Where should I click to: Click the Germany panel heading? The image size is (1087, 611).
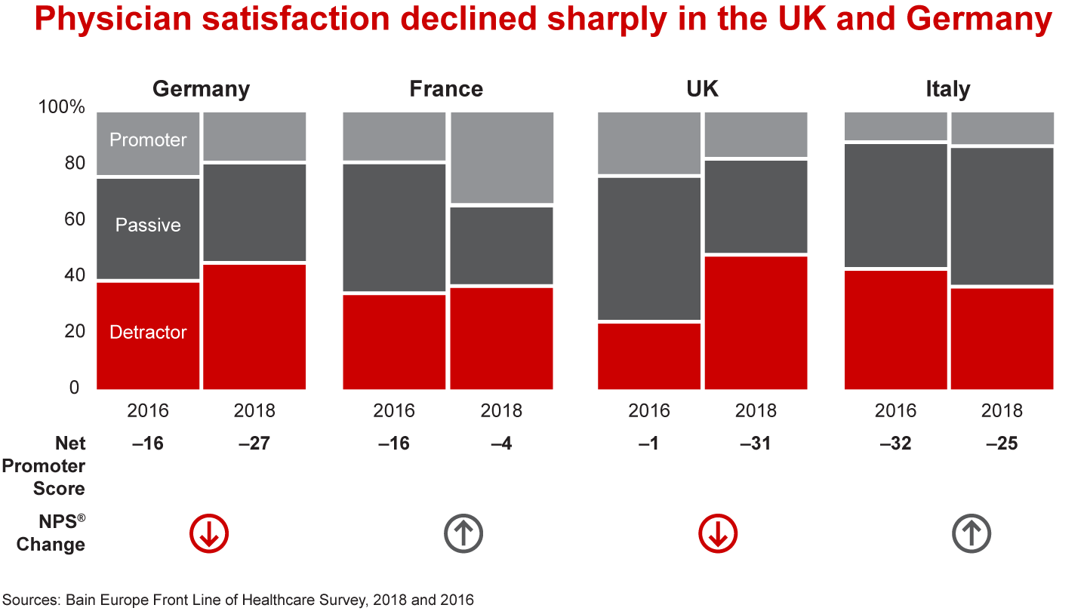tap(201, 89)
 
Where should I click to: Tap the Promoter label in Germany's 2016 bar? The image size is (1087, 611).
tap(148, 140)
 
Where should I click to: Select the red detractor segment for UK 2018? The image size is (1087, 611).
tap(756, 323)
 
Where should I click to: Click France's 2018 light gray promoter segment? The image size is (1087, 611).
tap(501, 158)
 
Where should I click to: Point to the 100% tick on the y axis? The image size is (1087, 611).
tap(62, 107)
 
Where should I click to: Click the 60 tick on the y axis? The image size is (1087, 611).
tap(69, 220)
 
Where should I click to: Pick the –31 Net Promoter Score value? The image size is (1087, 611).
tap(756, 444)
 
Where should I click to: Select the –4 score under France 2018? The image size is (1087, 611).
tap(501, 444)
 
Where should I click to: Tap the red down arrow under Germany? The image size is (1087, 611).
tap(208, 534)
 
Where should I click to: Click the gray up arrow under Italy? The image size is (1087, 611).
tap(971, 534)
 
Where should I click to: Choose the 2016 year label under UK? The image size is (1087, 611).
tap(649, 411)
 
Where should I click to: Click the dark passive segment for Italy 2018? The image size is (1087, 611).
tap(1002, 216)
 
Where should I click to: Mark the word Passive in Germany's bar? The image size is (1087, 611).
tap(148, 226)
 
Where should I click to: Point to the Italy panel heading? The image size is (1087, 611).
tap(947, 89)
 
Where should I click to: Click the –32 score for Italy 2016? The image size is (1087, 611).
tap(895, 444)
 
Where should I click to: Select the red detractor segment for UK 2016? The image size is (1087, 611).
tap(649, 355)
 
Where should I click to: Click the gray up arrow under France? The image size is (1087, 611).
tap(463, 534)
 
